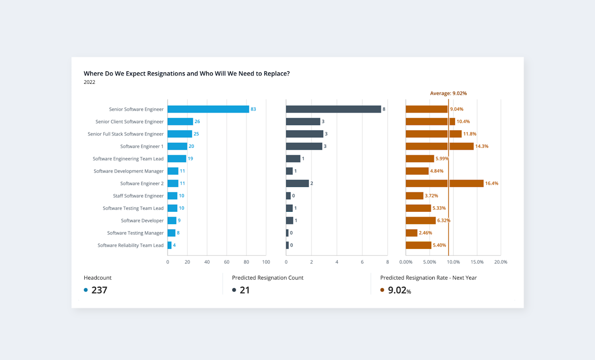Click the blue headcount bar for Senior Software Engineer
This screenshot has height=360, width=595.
[208, 109]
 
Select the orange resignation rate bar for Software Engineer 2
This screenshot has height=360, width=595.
[444, 183]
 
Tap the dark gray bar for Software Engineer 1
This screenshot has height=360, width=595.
[304, 146]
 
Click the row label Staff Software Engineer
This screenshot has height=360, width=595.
[138, 196]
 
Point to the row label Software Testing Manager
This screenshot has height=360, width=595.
[135, 233]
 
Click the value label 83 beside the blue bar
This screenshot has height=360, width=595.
[253, 109]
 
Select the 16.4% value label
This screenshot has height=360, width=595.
[492, 183]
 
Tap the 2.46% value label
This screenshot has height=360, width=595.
[425, 233]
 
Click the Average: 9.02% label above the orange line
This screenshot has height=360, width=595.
[448, 93]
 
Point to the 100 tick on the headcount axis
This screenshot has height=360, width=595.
[266, 262]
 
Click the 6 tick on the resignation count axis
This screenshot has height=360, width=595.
[362, 262]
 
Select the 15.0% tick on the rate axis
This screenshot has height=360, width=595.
[477, 262]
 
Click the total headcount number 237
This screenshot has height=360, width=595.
[99, 290]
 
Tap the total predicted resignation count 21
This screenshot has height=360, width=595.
[244, 290]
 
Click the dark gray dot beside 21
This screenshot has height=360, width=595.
[234, 290]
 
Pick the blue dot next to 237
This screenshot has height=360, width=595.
[86, 290]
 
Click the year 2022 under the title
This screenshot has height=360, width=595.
[89, 82]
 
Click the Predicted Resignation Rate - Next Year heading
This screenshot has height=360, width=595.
[428, 278]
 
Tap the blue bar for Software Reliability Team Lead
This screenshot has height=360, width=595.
[170, 245]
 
